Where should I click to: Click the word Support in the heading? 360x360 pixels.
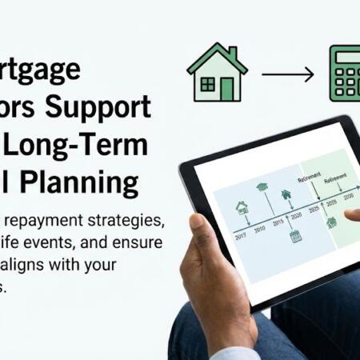108,106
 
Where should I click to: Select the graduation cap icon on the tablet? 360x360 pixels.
262,187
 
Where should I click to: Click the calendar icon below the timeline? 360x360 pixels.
295,236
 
